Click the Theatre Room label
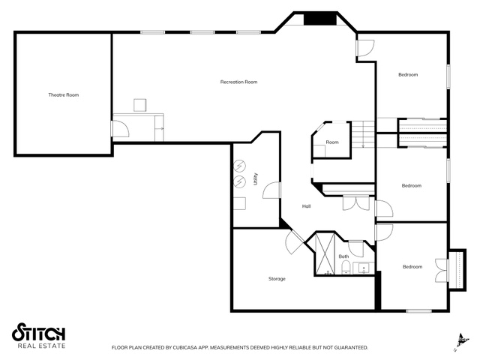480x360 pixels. (63, 95)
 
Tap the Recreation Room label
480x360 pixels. (238, 82)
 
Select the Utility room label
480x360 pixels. (255, 179)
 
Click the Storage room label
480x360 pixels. (277, 279)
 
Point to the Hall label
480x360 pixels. (307, 206)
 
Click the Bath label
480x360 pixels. (343, 256)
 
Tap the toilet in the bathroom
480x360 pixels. (346, 267)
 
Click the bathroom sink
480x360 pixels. (364, 268)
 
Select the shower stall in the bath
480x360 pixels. (325, 253)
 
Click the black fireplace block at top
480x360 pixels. (320, 19)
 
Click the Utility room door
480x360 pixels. (271, 190)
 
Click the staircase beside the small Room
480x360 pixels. (363, 134)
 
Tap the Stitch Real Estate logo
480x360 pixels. (38, 335)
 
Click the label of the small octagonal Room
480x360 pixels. (332, 142)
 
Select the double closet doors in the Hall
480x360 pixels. (356, 203)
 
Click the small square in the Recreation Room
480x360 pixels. (140, 105)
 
